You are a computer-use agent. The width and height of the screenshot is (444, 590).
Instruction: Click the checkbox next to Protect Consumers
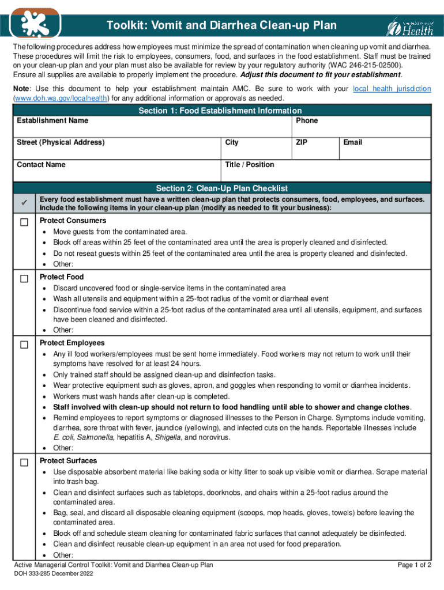pos(24,223)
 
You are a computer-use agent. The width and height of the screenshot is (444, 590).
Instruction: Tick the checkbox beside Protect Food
pos(24,279)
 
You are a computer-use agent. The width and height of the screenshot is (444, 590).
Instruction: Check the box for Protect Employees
pos(24,345)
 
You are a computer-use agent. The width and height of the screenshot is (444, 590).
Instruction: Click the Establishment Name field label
pos(52,120)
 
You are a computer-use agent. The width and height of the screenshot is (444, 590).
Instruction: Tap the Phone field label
pos(307,120)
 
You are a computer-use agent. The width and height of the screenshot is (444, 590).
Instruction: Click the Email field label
pos(352,142)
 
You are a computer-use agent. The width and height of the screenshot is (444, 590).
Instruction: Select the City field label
pos(232,142)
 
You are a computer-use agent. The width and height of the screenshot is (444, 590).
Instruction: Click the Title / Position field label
pos(250,165)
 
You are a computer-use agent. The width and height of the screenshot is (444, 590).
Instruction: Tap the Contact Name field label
pos(41,165)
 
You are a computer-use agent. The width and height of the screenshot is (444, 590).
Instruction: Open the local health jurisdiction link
pos(392,89)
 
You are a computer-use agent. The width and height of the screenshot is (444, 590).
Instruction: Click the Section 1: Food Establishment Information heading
pos(220,111)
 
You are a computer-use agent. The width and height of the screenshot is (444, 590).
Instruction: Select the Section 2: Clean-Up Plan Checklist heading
pos(221,188)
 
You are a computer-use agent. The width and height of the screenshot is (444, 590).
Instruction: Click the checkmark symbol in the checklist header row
pos(24,203)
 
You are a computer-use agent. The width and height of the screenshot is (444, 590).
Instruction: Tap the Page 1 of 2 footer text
pos(415,565)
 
